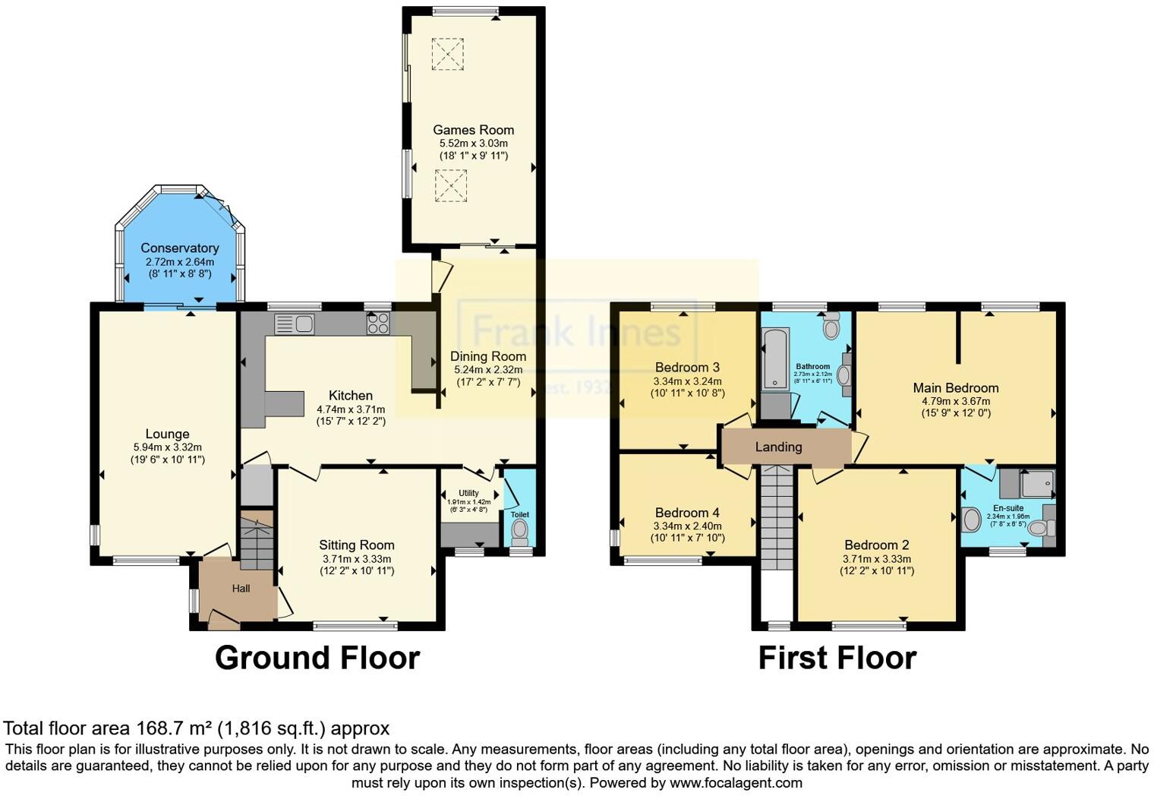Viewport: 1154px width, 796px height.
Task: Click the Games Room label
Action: [x=473, y=130]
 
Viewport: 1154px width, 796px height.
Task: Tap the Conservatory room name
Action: [x=180, y=248]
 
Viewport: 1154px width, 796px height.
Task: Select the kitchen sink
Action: [x=295, y=324]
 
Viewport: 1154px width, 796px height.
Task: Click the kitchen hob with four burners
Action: [x=378, y=324]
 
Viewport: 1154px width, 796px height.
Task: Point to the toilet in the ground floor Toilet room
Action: [x=520, y=533]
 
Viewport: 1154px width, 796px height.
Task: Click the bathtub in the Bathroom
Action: [x=776, y=359]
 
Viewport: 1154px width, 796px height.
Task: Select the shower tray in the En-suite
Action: [x=1038, y=483]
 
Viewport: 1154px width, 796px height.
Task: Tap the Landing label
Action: [x=778, y=447]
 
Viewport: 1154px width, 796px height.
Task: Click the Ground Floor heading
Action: [x=317, y=658]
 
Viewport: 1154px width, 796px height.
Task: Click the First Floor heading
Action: [x=837, y=658]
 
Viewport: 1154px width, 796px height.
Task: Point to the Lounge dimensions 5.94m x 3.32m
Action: [x=167, y=447]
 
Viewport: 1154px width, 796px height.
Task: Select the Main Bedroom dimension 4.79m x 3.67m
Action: [x=955, y=401]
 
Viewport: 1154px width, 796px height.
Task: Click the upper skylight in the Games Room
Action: [x=447, y=54]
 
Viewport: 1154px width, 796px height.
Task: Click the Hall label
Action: [x=241, y=588]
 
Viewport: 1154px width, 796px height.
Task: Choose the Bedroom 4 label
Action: [x=687, y=513]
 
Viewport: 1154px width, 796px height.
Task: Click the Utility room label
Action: [x=468, y=493]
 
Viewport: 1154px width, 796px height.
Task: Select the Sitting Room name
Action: [x=356, y=545]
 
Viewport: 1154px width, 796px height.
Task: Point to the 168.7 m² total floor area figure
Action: [x=175, y=728]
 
